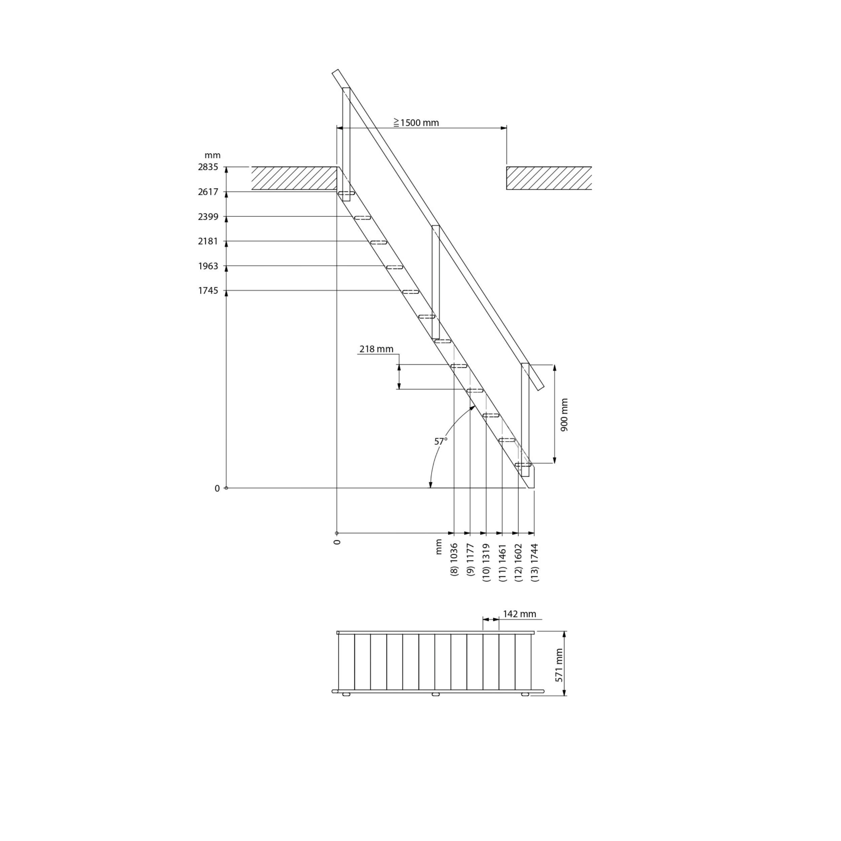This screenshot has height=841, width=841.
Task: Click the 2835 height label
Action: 208,167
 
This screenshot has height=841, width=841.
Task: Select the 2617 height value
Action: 208,192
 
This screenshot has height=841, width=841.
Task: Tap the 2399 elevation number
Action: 208,217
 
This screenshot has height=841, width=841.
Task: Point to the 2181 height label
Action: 208,241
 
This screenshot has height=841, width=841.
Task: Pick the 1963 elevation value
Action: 208,266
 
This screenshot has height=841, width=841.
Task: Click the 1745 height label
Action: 208,291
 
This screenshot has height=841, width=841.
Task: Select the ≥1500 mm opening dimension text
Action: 416,123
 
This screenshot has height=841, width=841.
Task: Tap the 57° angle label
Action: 441,441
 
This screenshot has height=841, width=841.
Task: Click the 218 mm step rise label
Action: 376,349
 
